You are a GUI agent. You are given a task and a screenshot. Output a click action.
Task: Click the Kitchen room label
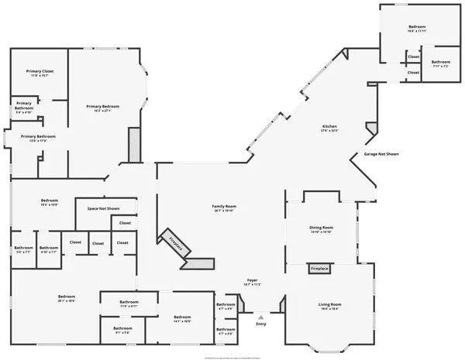[329, 128]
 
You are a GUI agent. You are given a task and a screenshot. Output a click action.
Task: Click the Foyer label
[252, 280]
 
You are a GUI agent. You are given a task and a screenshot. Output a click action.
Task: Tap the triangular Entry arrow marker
[261, 317]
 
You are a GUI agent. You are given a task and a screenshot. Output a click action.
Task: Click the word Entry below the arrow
[261, 325]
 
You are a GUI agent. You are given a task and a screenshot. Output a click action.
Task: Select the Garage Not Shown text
[381, 154]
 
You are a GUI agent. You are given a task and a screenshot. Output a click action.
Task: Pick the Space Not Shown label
[103, 209]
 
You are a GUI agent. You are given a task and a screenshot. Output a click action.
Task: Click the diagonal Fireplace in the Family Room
[177, 243]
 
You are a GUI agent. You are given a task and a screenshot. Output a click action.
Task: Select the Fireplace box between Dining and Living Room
[319, 269]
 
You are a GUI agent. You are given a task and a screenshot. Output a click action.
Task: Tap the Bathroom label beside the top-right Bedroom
[441, 63]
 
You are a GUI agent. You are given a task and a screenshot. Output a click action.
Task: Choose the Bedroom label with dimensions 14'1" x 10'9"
[182, 318]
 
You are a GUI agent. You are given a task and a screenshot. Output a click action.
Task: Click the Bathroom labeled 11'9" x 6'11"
[129, 303]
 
